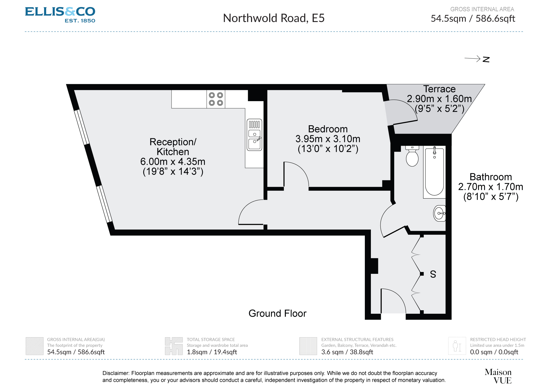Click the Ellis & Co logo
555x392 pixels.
pos(60,14)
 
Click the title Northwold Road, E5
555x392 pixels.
pos(274,18)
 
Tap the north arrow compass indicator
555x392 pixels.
pos(477,59)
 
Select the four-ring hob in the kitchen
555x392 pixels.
pos(216,99)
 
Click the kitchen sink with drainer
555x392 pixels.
pos(254,135)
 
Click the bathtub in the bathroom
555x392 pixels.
pos(434,172)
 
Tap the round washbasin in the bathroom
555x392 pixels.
pos(439,213)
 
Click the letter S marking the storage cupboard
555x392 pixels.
pos(433,274)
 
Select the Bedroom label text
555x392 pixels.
pos(328,129)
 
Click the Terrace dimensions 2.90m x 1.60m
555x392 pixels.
pos(439,99)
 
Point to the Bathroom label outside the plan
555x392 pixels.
pos(490,177)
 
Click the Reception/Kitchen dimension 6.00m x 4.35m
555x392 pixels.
pos(173,162)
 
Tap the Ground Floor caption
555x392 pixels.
pos(277,313)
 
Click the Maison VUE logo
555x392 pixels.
pos(498,376)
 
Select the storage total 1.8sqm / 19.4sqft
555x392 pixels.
pos(212,352)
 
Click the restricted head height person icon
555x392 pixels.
pos(457,346)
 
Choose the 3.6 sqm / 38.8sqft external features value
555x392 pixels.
pos(347,352)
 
